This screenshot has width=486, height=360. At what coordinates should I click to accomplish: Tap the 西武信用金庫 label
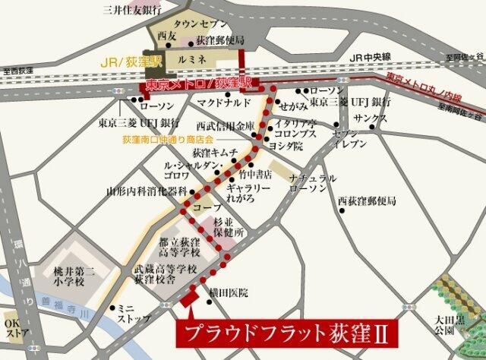click(225, 126)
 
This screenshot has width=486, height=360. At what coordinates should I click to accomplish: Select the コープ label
click(207, 207)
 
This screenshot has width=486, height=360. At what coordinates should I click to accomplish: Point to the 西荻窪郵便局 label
click(368, 201)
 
